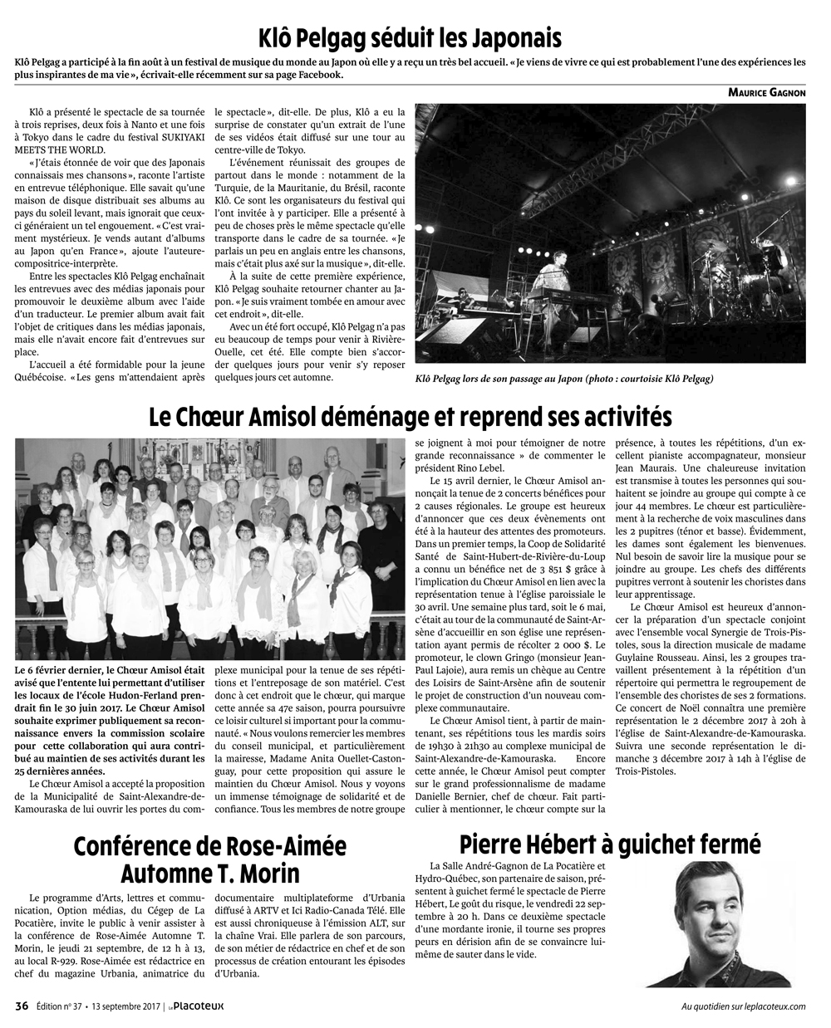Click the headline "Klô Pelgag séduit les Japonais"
click(x=410, y=37)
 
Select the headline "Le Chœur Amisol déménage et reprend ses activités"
click(x=410, y=414)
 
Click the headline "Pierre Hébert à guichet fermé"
click(x=610, y=844)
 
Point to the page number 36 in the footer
click(x=22, y=1006)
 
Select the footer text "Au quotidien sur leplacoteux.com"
click(x=743, y=1006)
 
